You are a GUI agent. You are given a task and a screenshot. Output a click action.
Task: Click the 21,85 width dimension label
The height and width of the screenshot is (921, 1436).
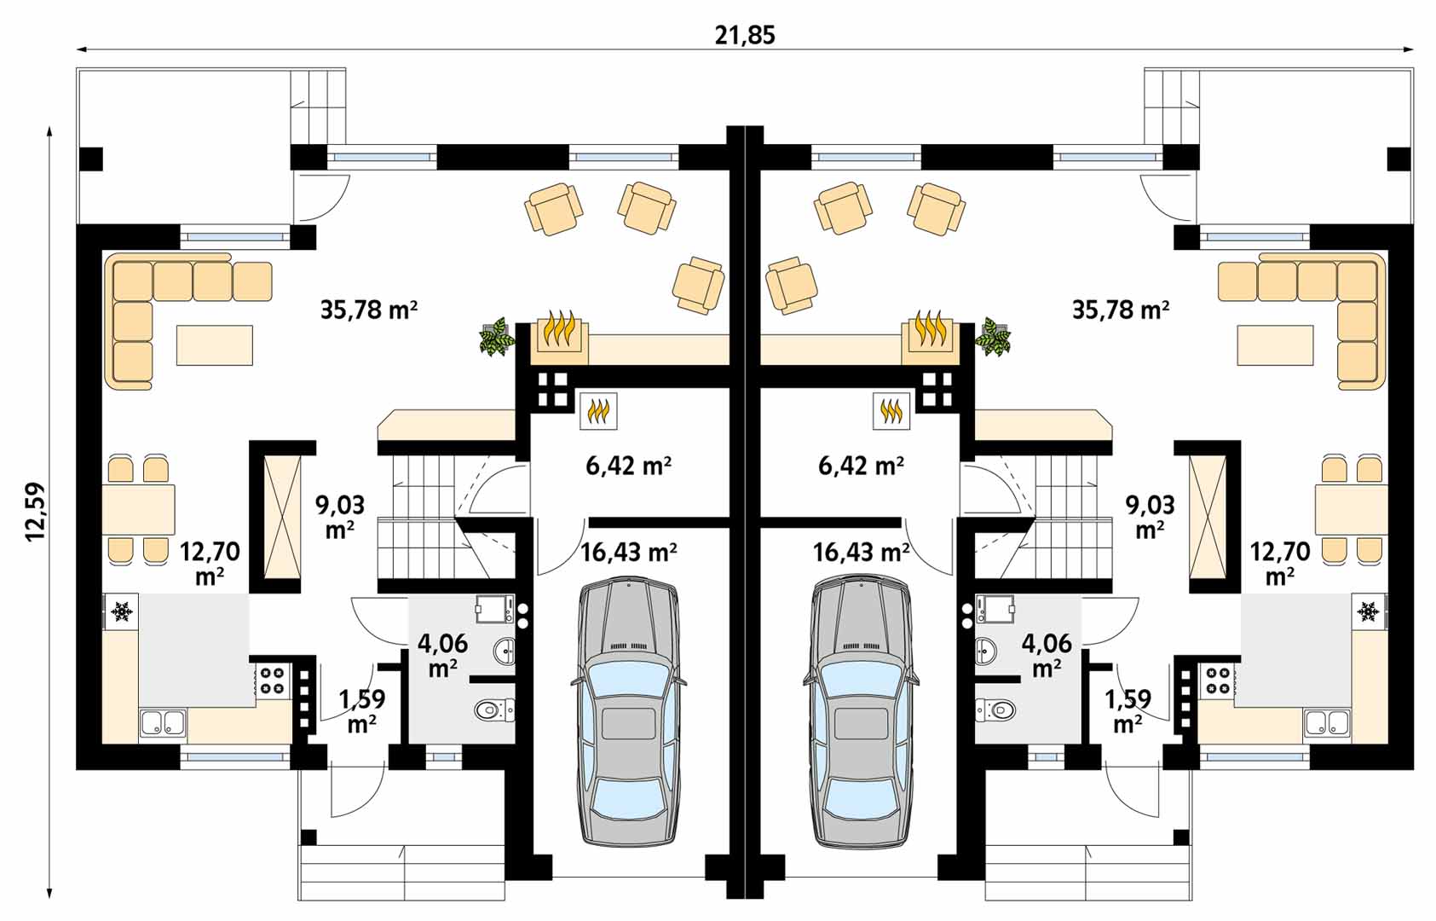click(745, 35)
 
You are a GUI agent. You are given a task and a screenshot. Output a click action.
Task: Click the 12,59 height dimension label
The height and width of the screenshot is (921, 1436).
click(35, 512)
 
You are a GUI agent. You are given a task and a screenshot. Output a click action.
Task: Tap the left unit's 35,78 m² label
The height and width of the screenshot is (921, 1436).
click(369, 310)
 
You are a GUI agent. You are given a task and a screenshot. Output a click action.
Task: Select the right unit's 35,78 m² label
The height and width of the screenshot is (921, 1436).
click(1121, 310)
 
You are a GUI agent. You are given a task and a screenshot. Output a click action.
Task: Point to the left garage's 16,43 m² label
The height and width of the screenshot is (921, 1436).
click(629, 552)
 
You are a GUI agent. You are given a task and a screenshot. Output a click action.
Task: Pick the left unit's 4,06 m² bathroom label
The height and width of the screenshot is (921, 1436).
click(442, 655)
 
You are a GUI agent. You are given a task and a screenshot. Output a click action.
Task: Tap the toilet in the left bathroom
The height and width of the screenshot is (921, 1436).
click(493, 710)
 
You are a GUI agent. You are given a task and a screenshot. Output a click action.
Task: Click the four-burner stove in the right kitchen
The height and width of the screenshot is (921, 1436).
click(1217, 681)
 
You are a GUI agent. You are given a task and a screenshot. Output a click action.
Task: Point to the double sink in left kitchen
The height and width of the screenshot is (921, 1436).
click(162, 723)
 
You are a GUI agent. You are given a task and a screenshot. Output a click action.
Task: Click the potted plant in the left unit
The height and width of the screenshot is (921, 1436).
click(497, 337)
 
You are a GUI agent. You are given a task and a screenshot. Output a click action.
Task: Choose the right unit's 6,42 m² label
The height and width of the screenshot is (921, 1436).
click(861, 466)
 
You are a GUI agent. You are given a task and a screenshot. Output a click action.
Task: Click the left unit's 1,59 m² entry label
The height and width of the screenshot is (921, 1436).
click(362, 710)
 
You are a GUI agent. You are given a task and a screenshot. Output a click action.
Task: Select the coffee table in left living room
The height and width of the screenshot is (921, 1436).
click(215, 345)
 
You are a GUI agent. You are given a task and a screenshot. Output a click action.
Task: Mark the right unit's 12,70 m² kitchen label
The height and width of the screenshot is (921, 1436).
click(1279, 563)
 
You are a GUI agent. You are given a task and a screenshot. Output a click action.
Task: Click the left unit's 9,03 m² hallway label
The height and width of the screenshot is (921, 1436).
click(340, 516)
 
